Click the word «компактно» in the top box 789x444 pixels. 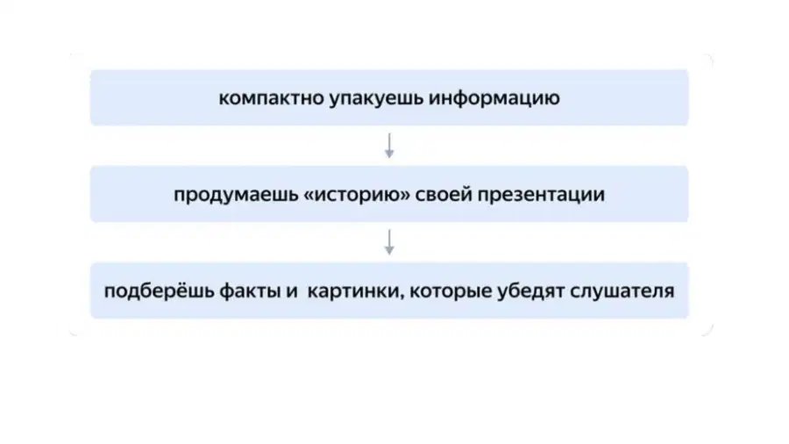[271, 98]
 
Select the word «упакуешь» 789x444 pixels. [376, 98]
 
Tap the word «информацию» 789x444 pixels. [494, 98]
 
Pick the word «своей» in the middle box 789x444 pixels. [444, 195]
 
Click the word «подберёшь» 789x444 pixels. [159, 291]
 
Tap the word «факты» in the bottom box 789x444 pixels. [250, 291]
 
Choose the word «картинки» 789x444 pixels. [354, 291]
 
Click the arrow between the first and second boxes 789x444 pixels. [389, 146]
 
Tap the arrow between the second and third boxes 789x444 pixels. [389, 243]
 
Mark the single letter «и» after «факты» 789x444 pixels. [292, 292]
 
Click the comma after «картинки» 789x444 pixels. [402, 297]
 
